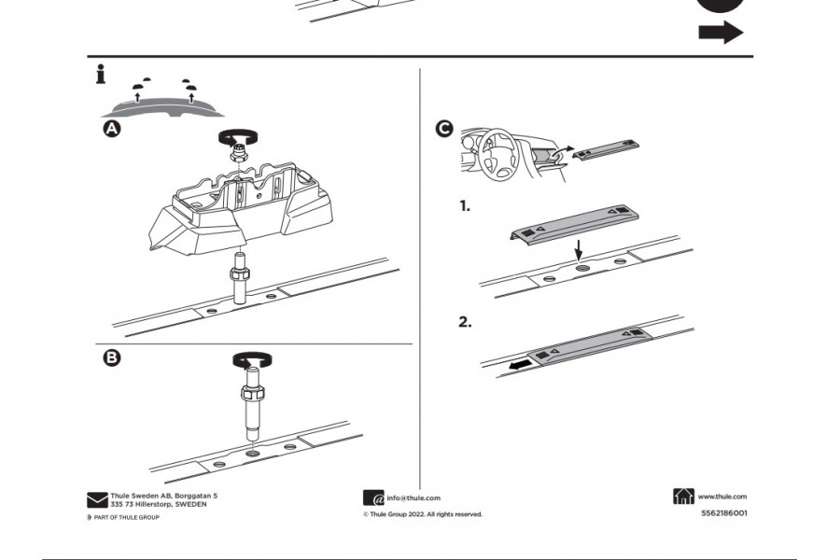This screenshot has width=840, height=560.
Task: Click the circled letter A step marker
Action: click(111, 131)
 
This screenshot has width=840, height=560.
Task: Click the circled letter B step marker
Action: click(111, 358)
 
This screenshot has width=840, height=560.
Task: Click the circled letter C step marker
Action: click(444, 129)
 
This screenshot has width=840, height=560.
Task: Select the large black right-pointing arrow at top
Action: click(721, 34)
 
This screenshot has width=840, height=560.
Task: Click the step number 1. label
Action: click(465, 205)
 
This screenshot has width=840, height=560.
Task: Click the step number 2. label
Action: click(465, 322)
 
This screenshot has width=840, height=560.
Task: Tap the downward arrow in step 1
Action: click(579, 250)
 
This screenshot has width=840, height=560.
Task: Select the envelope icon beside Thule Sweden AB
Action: click(97, 499)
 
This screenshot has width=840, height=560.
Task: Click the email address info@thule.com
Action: click(413, 498)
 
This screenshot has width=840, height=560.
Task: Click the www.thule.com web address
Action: click(722, 497)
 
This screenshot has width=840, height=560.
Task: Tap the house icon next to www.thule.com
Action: click(683, 497)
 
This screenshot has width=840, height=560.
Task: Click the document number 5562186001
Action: click(723, 512)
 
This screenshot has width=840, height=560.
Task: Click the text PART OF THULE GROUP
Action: click(125, 517)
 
